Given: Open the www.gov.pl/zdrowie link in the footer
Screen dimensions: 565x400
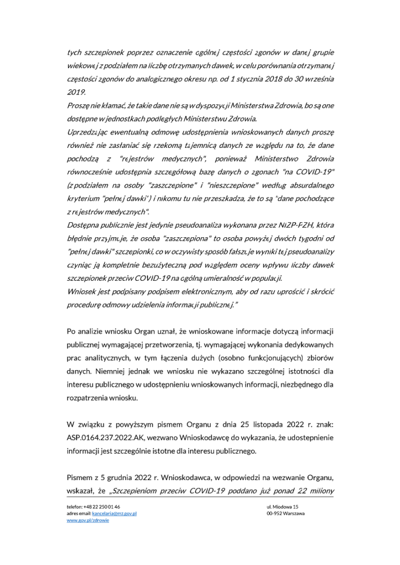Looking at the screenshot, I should coord(88,520).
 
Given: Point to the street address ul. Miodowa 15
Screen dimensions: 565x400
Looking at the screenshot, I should coord(283,506).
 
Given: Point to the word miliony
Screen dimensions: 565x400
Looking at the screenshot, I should coord(319,492).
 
